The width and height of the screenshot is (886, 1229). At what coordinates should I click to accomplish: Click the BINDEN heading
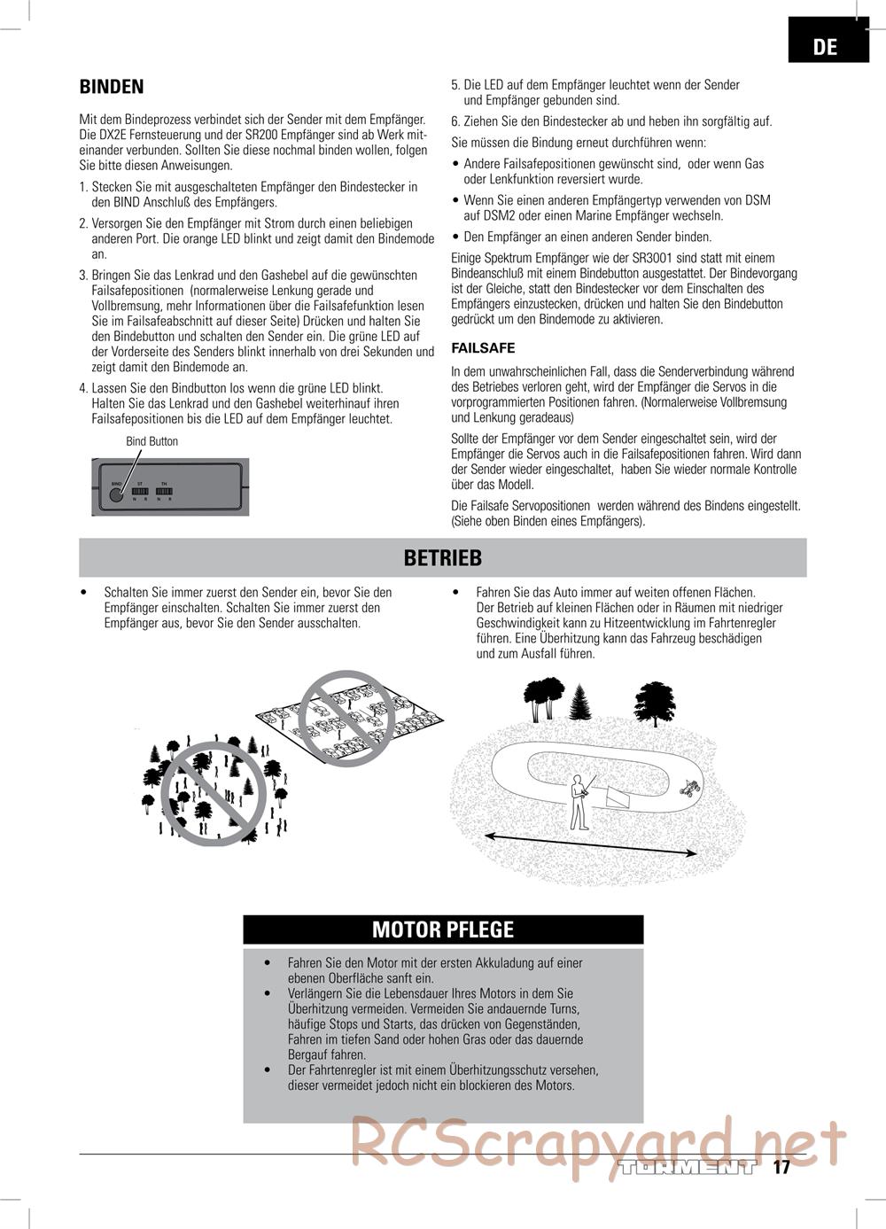112,87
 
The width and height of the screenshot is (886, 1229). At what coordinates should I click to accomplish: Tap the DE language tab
826,46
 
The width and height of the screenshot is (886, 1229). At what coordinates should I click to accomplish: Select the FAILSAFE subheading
483,348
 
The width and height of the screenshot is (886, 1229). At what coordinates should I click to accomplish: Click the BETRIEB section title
443,557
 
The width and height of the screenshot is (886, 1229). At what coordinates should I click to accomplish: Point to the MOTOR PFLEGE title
443,930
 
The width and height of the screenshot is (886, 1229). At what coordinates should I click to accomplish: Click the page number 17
781,1167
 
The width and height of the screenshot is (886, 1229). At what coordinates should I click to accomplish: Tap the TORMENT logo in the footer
688,1167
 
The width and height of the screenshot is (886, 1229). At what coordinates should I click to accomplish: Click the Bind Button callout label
152,441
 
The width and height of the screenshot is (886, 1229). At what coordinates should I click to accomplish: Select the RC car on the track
688,787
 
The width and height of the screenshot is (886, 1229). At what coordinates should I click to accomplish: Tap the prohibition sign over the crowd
214,794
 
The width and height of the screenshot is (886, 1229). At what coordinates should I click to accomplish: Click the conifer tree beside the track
581,702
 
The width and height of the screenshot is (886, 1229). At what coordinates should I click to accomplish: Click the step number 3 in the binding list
83,276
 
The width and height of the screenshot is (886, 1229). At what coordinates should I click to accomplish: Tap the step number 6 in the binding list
455,121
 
